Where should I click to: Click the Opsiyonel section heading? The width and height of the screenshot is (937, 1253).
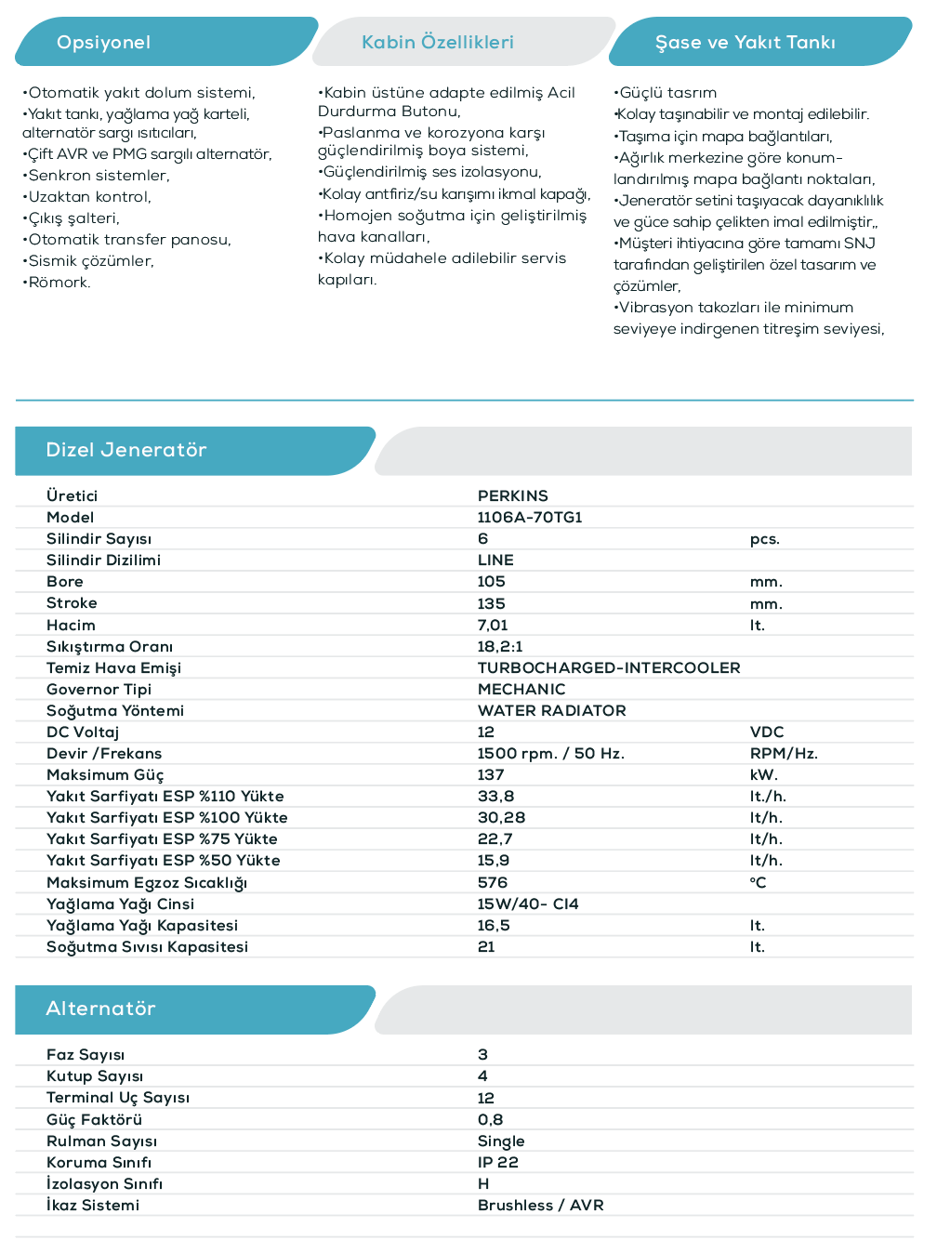(103, 43)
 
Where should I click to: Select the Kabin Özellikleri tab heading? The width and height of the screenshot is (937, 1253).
(437, 43)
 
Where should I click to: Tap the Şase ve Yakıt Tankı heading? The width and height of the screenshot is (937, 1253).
(745, 43)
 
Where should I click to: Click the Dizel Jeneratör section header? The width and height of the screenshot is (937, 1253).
(126, 451)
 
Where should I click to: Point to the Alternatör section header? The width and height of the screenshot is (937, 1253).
(100, 1009)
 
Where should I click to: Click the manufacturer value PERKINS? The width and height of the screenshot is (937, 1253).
(512, 496)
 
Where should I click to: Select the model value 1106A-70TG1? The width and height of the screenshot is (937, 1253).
(529, 518)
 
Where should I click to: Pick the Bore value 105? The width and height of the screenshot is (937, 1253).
(491, 582)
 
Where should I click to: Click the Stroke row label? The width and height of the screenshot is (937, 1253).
(72, 603)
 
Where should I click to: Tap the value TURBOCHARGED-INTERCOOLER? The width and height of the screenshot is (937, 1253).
(608, 668)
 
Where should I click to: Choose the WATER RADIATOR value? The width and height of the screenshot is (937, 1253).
(551, 711)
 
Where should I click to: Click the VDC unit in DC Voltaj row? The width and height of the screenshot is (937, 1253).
(766, 732)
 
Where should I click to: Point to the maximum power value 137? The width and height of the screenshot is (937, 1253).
(490, 775)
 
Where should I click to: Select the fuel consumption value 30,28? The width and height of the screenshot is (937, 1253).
(501, 818)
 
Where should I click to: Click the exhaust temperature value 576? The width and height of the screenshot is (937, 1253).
(492, 883)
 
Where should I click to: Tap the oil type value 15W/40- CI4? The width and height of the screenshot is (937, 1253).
(527, 904)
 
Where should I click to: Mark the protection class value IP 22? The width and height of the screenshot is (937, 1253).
(497, 1163)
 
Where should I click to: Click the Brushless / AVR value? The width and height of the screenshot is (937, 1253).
(540, 1206)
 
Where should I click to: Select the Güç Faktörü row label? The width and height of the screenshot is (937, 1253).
(94, 1120)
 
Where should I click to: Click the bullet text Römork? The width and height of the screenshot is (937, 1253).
(59, 283)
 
